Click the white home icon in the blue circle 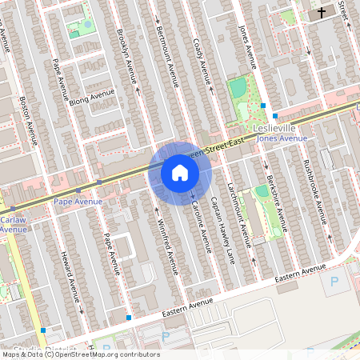click(179, 173)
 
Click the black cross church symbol click(322, 13)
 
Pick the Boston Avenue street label click(29, 120)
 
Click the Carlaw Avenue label click(14, 223)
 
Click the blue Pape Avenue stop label click(78, 202)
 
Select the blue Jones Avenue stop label click(282, 138)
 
